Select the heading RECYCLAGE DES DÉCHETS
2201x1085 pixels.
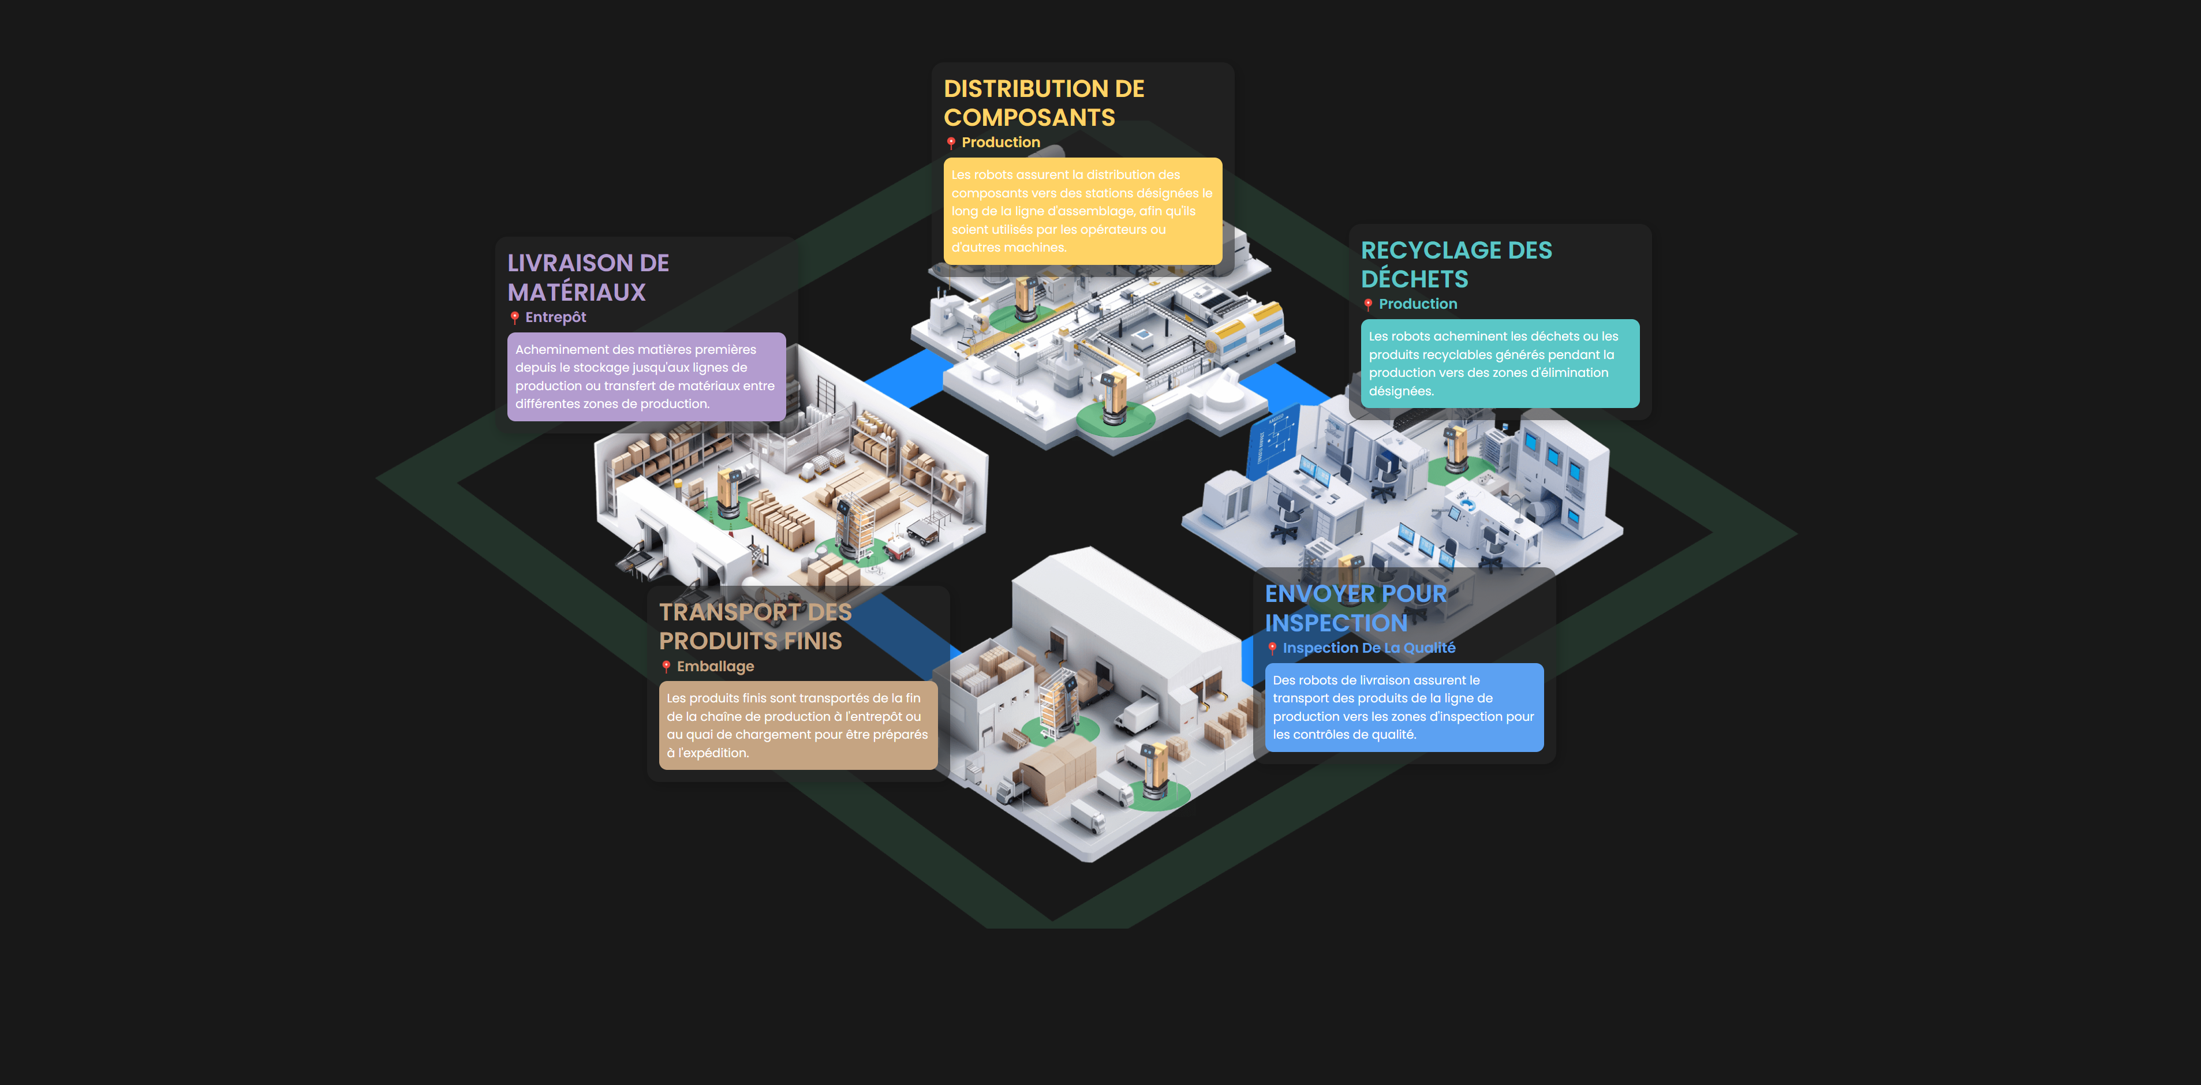1456,264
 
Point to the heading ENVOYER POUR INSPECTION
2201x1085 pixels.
1355,608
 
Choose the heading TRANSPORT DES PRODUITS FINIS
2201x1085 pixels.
754,626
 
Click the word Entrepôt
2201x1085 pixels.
555,317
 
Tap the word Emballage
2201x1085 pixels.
715,667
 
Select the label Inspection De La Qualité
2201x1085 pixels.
1369,648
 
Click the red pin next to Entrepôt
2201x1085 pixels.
514,318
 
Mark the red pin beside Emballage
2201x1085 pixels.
666,667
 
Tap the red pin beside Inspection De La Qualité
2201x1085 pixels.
1272,649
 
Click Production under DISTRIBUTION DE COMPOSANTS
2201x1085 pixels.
1000,143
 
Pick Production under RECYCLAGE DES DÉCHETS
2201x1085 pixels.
1418,304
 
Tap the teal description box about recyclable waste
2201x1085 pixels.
1500,363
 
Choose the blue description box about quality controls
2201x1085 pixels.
1404,708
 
